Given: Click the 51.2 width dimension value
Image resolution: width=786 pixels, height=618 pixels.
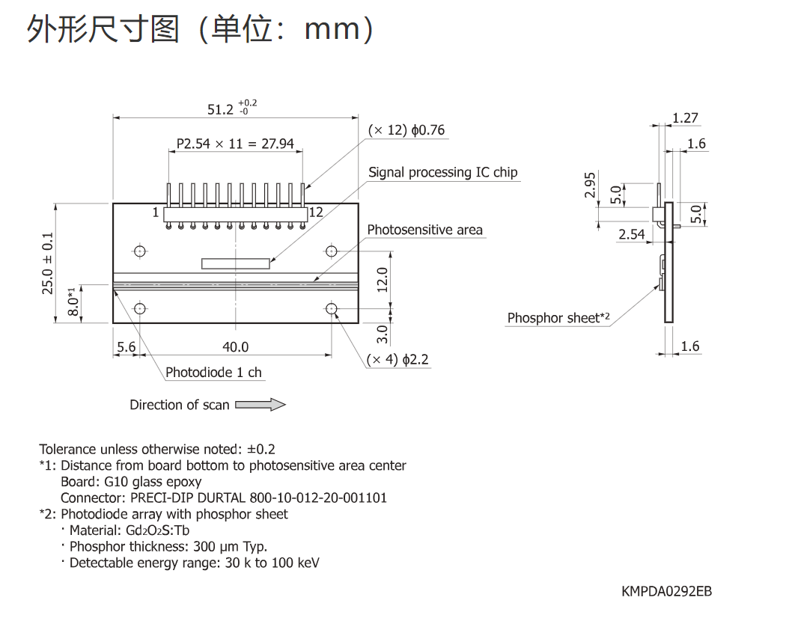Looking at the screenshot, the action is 221,109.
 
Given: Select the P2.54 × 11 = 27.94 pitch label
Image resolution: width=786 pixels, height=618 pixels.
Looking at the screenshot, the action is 235,144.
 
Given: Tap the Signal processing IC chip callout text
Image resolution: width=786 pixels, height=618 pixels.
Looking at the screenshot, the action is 442,172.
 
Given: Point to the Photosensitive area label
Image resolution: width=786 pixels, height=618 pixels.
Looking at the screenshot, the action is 424,230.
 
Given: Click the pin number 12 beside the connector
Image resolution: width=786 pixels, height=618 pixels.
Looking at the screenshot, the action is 316,212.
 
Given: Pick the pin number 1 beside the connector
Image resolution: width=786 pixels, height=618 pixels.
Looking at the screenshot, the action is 156,212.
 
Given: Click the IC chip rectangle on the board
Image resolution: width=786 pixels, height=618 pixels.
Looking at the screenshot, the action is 236,263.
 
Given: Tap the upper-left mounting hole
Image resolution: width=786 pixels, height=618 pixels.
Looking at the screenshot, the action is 140,251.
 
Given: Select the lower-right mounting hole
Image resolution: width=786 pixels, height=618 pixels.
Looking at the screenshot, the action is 332,308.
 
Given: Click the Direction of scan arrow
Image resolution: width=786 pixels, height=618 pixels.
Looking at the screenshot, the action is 261,405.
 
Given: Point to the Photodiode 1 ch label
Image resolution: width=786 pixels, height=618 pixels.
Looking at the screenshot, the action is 213,373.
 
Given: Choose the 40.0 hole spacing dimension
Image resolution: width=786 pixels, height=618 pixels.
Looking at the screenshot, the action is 235,347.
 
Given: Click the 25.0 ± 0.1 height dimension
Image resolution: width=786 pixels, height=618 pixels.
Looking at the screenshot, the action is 48,263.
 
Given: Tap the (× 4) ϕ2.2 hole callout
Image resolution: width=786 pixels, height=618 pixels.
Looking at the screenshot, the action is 397,359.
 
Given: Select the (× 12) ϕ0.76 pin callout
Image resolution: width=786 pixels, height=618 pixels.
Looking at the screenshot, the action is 406,130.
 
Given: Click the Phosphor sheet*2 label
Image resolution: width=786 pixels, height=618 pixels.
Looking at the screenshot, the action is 558,318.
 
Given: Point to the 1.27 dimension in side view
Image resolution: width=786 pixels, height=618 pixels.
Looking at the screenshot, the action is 685,117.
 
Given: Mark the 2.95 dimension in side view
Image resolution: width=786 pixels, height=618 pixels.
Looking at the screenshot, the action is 590,185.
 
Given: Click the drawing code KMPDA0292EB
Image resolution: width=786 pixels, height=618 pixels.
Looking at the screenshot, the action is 666,591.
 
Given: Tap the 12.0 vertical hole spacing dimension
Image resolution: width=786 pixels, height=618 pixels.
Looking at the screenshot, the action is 383,280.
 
